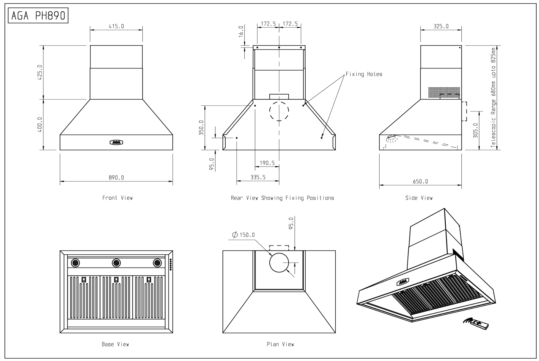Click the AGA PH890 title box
pyautogui.click(x=38, y=15)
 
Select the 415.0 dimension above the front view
pyautogui.click(x=116, y=26)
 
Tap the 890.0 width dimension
pyautogui.click(x=116, y=178)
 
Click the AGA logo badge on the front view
pyautogui.click(x=116, y=143)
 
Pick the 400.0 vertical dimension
pyautogui.click(x=40, y=124)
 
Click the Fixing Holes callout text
pyautogui.click(x=364, y=74)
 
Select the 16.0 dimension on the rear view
pyautogui.click(x=241, y=31)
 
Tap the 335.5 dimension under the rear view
pyautogui.click(x=258, y=177)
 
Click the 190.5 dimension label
pyautogui.click(x=267, y=163)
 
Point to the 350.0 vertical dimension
pyautogui.click(x=201, y=128)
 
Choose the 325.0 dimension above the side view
pyautogui.click(x=441, y=26)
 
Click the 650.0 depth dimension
pyautogui.click(x=420, y=182)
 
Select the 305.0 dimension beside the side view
pyautogui.click(x=475, y=130)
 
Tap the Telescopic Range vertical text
pyautogui.click(x=494, y=98)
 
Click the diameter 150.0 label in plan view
pyautogui.click(x=244, y=235)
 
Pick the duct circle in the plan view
pyautogui.click(x=279, y=263)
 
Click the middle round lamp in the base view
pyautogui.click(x=116, y=263)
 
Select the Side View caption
pyautogui.click(x=419, y=198)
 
